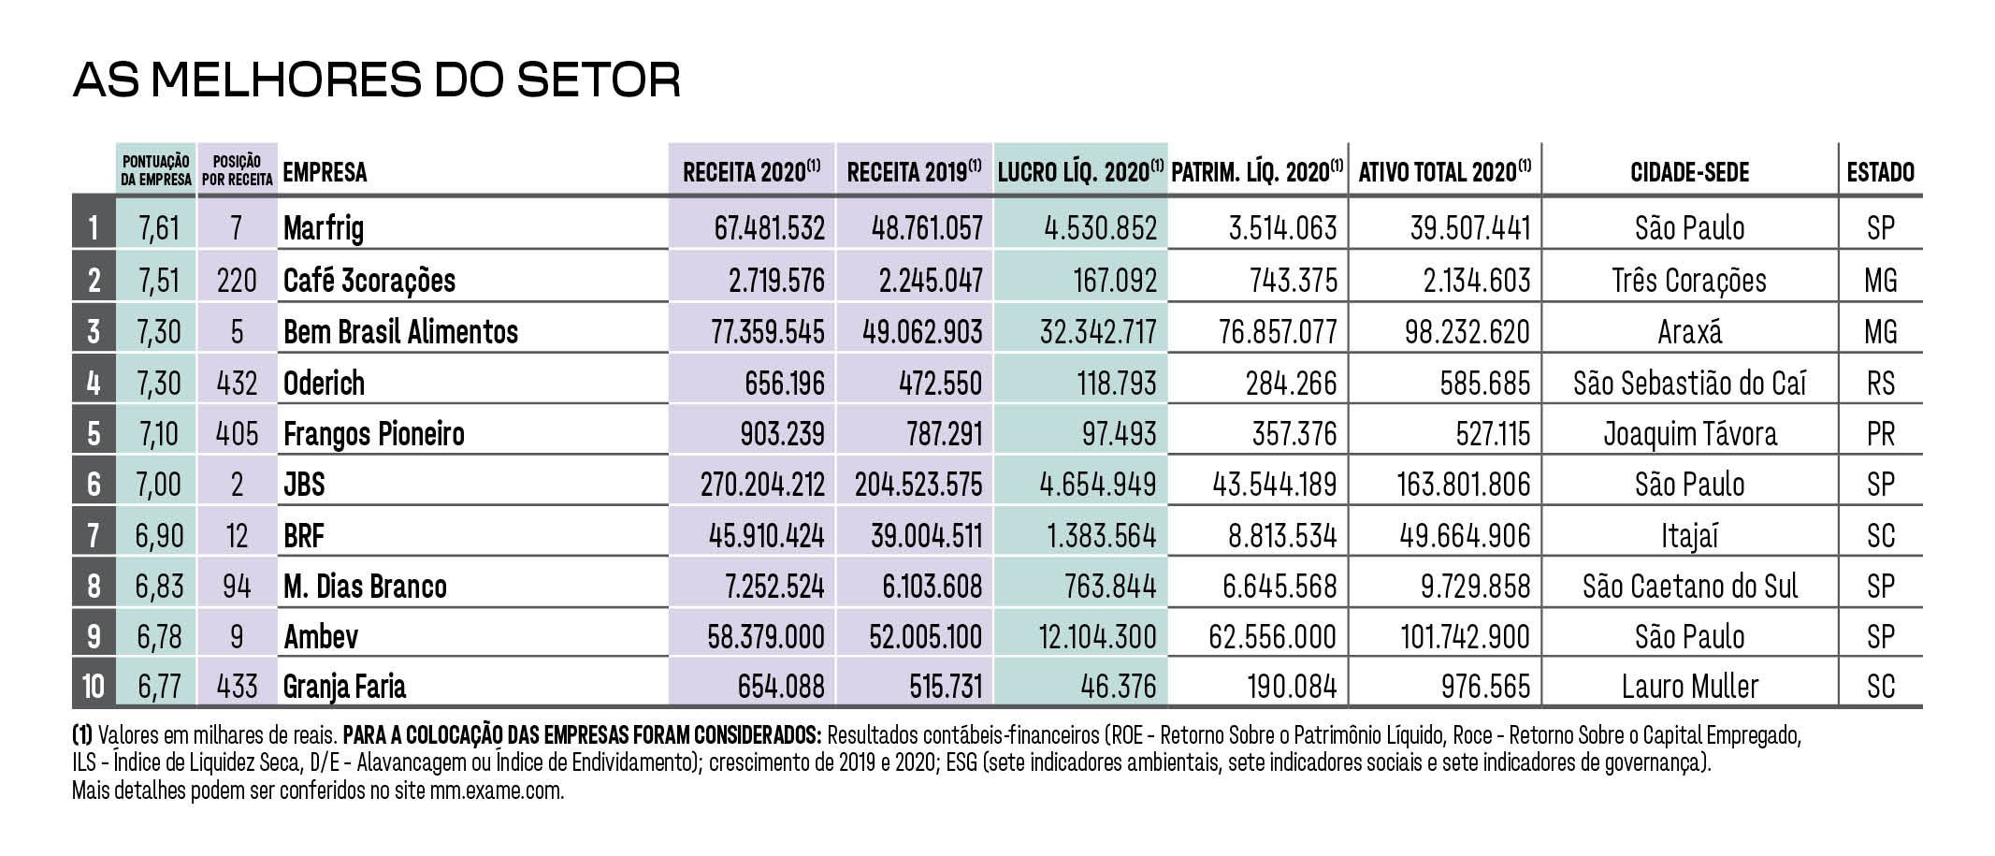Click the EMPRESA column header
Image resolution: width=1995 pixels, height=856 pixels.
coord(325,172)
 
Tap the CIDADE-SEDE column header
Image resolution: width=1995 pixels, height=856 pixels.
coord(1689,172)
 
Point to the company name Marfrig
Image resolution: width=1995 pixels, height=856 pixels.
coord(324,227)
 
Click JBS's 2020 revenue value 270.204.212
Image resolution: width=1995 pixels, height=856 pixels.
coord(762,485)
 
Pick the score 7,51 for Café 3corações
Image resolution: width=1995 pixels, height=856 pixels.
coord(158,280)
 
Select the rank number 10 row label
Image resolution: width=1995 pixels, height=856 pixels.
coord(93,687)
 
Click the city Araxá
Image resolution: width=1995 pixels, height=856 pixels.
coord(1689,332)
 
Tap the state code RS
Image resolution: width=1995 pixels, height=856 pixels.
coord(1880,383)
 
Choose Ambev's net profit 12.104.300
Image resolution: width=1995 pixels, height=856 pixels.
coord(1097,637)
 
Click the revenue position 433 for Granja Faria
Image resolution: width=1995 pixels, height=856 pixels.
coord(237,687)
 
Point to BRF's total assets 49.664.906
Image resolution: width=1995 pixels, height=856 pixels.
coord(1465,535)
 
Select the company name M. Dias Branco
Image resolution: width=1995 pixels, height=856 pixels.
coord(365,587)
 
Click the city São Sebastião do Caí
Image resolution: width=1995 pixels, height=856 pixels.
coord(1689,383)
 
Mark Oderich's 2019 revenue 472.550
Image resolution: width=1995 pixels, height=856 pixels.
coord(940,383)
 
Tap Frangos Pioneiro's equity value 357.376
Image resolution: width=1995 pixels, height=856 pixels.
coord(1294,434)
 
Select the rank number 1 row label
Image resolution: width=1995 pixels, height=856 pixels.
coord(93,227)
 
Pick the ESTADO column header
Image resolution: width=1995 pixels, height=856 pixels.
coord(1880,172)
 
